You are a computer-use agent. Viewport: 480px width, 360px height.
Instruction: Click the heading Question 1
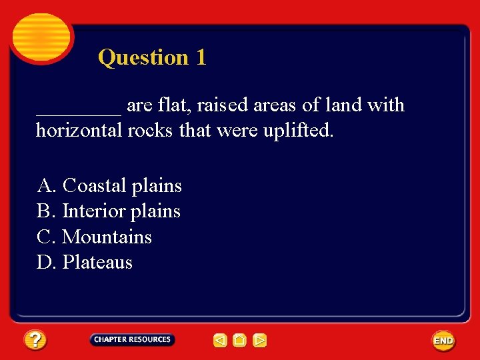pyautogui.click(x=152, y=57)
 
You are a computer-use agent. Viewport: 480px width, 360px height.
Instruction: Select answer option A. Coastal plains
pyautogui.click(x=109, y=185)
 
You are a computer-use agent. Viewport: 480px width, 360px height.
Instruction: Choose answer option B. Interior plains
pyautogui.click(x=109, y=211)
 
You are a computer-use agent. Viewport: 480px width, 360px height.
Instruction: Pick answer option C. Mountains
pyautogui.click(x=94, y=237)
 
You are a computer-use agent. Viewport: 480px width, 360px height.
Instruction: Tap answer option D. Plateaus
pyautogui.click(x=85, y=263)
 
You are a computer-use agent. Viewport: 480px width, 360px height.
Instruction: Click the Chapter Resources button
pyautogui.click(x=132, y=339)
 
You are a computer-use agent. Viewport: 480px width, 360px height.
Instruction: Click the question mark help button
pyautogui.click(x=35, y=341)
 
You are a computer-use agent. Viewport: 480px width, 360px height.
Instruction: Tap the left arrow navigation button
pyautogui.click(x=220, y=341)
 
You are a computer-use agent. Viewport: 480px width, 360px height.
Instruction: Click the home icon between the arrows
pyautogui.click(x=240, y=341)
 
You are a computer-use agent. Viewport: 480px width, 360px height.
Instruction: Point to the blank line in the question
pyautogui.click(x=79, y=110)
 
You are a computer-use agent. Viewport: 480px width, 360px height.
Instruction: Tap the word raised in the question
pyautogui.click(x=222, y=105)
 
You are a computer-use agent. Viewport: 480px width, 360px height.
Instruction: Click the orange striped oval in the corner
pyautogui.click(x=41, y=37)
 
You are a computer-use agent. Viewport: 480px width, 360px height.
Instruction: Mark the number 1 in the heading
pyautogui.click(x=201, y=57)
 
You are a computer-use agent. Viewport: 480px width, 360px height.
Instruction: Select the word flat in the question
pyautogui.click(x=175, y=105)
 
